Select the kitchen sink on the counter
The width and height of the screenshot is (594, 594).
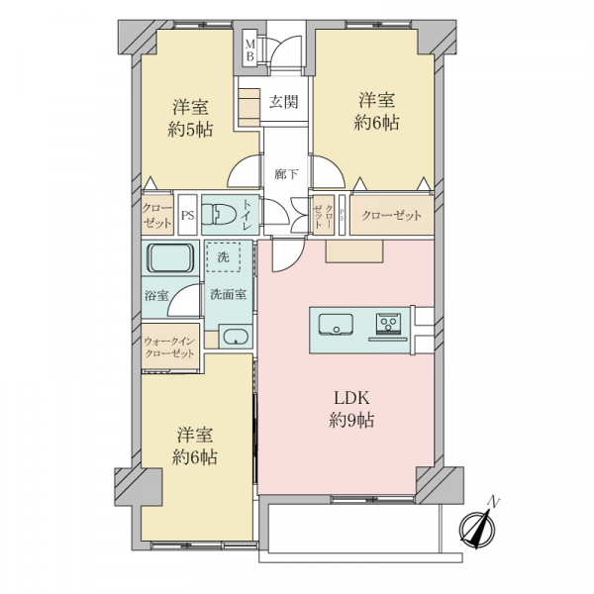(335, 324)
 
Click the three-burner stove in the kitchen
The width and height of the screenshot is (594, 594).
(386, 324)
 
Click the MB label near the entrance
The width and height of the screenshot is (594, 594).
(250, 49)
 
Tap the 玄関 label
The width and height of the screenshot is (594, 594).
(285, 102)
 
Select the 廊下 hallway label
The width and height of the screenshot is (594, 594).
(286, 173)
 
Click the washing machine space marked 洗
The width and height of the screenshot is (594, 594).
(223, 257)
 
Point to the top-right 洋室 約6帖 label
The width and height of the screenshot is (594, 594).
(376, 111)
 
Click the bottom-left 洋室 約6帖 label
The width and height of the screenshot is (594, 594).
(195, 445)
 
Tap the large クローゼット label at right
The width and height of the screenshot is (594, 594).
(391, 216)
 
